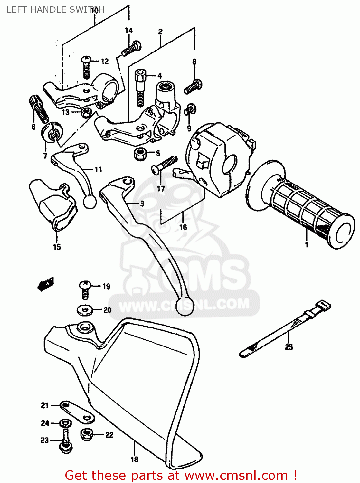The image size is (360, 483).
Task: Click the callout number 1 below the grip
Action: pyautogui.click(x=307, y=244)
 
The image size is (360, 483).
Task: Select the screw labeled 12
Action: pyautogui.click(x=86, y=67)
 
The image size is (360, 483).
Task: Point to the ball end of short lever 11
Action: pyautogui.click(x=90, y=202)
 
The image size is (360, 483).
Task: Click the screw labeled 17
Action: pyautogui.click(x=164, y=165)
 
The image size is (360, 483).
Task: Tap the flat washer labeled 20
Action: pyautogui.click(x=85, y=310)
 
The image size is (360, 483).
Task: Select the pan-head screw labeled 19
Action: pyautogui.click(x=85, y=289)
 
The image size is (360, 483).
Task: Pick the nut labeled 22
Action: pyautogui.click(x=87, y=435)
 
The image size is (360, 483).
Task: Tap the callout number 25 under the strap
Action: pyautogui.click(x=289, y=347)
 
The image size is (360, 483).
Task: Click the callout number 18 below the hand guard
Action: pyautogui.click(x=134, y=459)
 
